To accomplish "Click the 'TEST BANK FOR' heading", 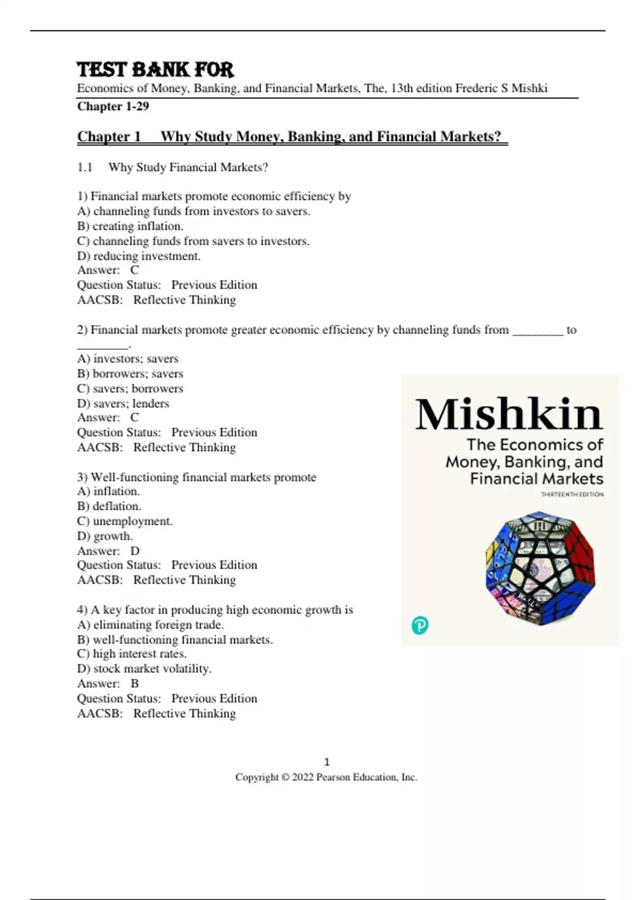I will pyautogui.click(x=155, y=70).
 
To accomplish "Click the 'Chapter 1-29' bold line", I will pyautogui.click(x=113, y=106).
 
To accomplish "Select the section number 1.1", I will pyautogui.click(x=85, y=168).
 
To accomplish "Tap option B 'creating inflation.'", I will pyautogui.click(x=130, y=226).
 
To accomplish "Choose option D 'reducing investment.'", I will pyautogui.click(x=139, y=256).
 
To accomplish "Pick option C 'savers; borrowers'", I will pyautogui.click(x=130, y=389).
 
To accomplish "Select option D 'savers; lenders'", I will pyautogui.click(x=123, y=403).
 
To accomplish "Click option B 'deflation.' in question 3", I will pyautogui.click(x=109, y=506).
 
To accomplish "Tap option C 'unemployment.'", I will pyautogui.click(x=125, y=521).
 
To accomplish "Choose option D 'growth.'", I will pyautogui.click(x=105, y=536).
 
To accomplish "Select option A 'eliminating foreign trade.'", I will pyautogui.click(x=151, y=625).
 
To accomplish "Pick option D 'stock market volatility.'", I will pyautogui.click(x=144, y=669).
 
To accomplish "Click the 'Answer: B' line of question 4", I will pyautogui.click(x=108, y=683).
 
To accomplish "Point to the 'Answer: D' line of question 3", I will pyautogui.click(x=108, y=551).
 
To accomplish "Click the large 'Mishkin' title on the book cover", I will pyautogui.click(x=509, y=414).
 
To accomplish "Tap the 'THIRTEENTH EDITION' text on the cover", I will pyautogui.click(x=572, y=494).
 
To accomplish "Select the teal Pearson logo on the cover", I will pyautogui.click(x=420, y=626).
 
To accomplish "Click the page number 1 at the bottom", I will pyautogui.click(x=326, y=762).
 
